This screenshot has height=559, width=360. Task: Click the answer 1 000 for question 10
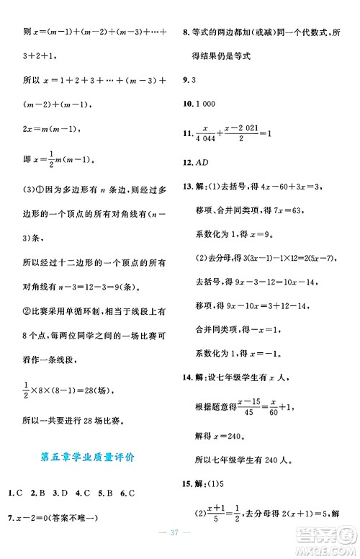point(207,105)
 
